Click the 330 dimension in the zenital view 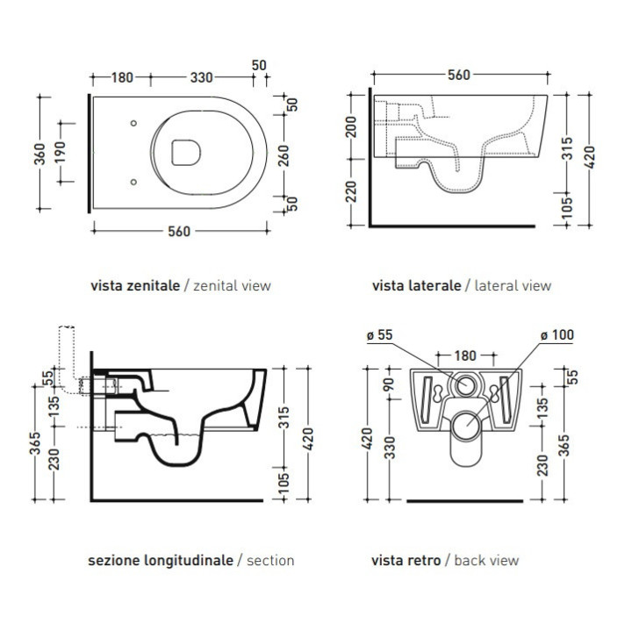pos(201,77)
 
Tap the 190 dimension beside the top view pos(59,154)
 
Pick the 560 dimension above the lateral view pos(458,75)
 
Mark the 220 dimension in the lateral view pos(352,191)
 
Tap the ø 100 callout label pos(557,334)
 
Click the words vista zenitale pos(135,285)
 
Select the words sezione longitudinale pos(161,559)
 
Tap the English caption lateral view pos(513,285)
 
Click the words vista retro pos(406,559)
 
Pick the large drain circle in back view pos(467,427)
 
